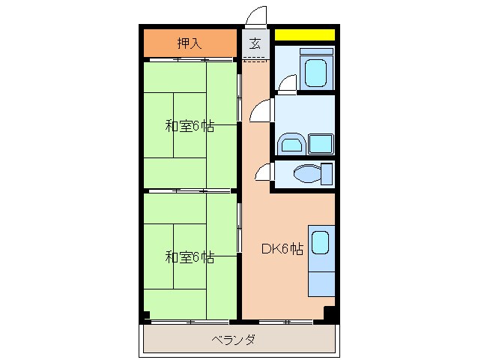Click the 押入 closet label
click(x=189, y=43)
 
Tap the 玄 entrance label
click(x=255, y=43)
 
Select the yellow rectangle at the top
click(x=304, y=34)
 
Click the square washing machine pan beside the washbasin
click(x=321, y=143)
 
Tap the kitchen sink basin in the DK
click(x=320, y=243)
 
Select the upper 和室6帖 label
click(x=190, y=126)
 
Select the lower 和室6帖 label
click(x=190, y=257)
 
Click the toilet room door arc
click(x=263, y=173)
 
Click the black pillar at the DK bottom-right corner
click(x=329, y=313)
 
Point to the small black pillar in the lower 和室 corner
click(x=145, y=315)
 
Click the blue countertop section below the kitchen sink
click(x=320, y=281)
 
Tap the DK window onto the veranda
click(x=285, y=322)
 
